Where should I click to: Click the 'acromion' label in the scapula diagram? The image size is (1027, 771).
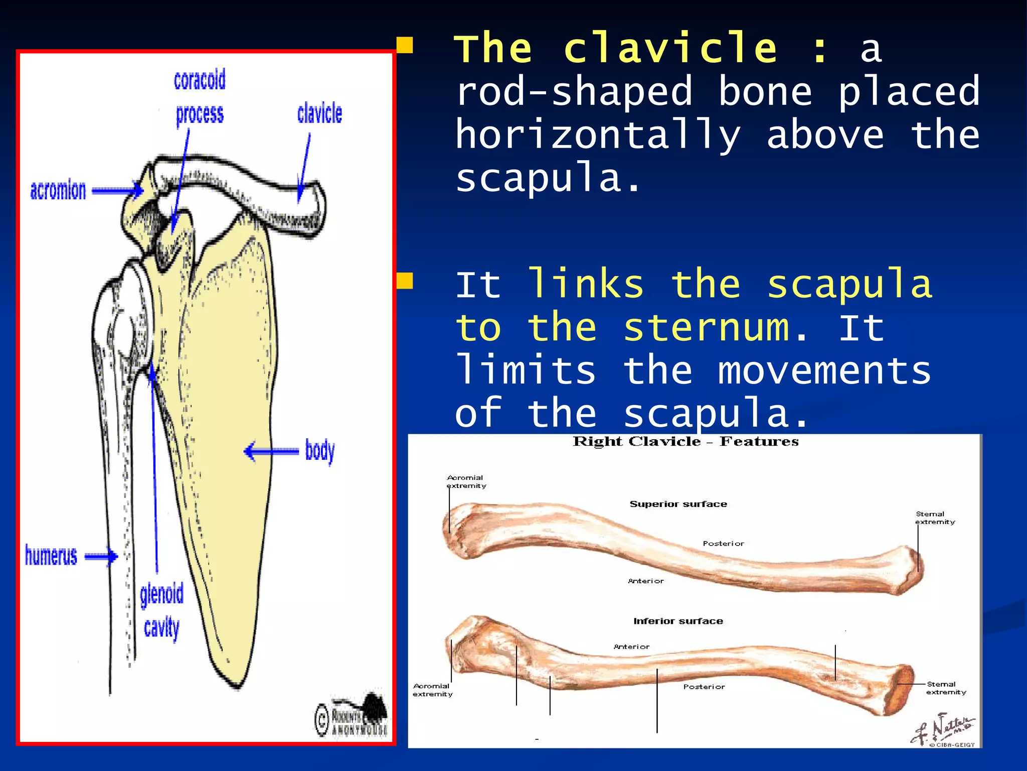[x=58, y=191]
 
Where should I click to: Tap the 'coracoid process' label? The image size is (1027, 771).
[x=200, y=97]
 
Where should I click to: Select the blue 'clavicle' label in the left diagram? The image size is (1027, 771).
[x=319, y=113]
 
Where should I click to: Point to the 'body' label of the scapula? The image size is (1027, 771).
[x=320, y=450]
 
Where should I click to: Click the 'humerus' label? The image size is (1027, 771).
[x=51, y=556]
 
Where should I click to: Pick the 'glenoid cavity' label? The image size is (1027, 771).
[x=161, y=611]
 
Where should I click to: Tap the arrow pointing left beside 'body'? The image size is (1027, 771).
[x=271, y=451]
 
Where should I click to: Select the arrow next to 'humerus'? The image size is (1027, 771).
[x=101, y=556]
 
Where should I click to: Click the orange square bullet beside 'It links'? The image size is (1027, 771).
[x=404, y=281]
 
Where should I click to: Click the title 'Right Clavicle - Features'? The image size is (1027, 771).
[x=686, y=442]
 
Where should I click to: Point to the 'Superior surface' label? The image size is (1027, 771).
[x=678, y=504]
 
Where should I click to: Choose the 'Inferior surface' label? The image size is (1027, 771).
[x=678, y=621]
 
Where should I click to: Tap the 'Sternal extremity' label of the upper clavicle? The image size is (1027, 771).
[x=935, y=518]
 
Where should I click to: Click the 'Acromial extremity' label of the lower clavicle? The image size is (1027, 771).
[x=432, y=690]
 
